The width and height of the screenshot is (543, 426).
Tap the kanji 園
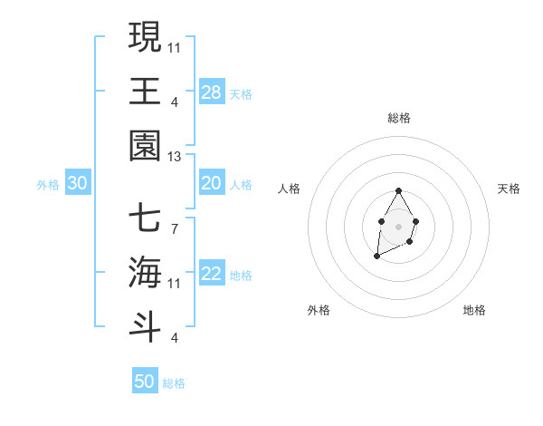(146, 145)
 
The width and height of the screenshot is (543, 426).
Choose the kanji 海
(146, 273)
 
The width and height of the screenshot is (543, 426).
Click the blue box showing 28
(211, 92)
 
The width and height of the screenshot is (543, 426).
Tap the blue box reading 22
(211, 275)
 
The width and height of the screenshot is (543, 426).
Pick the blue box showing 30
(77, 184)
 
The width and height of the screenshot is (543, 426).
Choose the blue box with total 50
(145, 382)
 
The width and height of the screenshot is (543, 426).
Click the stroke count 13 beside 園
(174, 157)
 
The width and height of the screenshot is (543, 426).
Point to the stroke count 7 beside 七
(174, 228)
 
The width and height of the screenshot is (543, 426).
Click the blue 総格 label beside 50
(174, 383)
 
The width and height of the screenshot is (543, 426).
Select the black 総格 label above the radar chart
(398, 118)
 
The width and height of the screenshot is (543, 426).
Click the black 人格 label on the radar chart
(290, 189)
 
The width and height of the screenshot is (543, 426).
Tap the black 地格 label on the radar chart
(474, 310)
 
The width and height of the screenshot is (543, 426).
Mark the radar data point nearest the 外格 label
(376, 257)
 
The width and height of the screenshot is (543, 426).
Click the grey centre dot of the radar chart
(398, 225)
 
